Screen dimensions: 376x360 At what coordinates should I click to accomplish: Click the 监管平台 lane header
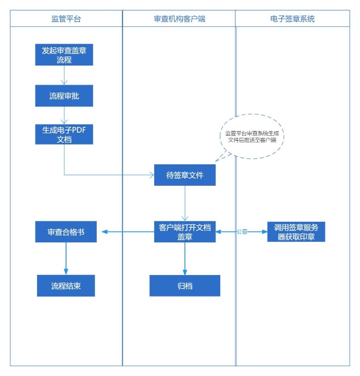pyautogui.click(x=66, y=19)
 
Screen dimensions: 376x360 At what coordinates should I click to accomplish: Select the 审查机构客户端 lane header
pyautogui.click(x=179, y=19)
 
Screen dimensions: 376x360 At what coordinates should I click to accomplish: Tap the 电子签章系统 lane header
pyautogui.click(x=292, y=19)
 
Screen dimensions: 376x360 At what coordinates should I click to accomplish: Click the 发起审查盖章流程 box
pyautogui.click(x=64, y=54)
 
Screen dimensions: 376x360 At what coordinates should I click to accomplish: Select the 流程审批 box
pyautogui.click(x=64, y=96)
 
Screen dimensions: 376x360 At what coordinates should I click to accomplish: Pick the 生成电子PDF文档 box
pyautogui.click(x=64, y=134)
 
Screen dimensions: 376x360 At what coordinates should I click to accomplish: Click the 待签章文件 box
pyautogui.click(x=185, y=175)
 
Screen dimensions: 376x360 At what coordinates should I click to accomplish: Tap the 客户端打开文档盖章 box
pyautogui.click(x=185, y=232)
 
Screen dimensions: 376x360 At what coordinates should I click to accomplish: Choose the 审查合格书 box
pyautogui.click(x=66, y=232)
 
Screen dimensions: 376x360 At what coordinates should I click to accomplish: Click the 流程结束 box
pyautogui.click(x=66, y=286)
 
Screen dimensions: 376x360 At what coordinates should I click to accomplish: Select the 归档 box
pyautogui.click(x=185, y=286)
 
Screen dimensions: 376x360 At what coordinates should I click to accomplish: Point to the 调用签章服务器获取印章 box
pyautogui.click(x=296, y=232)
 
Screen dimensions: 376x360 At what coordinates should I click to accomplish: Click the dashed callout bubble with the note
pyautogui.click(x=254, y=135)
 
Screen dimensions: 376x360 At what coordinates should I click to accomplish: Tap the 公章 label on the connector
pyautogui.click(x=242, y=232)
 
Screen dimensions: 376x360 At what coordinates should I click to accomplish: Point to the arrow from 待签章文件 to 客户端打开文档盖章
pyautogui.click(x=185, y=203)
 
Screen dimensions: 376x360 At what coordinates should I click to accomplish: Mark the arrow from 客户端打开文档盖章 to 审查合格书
pyautogui.click(x=125, y=232)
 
